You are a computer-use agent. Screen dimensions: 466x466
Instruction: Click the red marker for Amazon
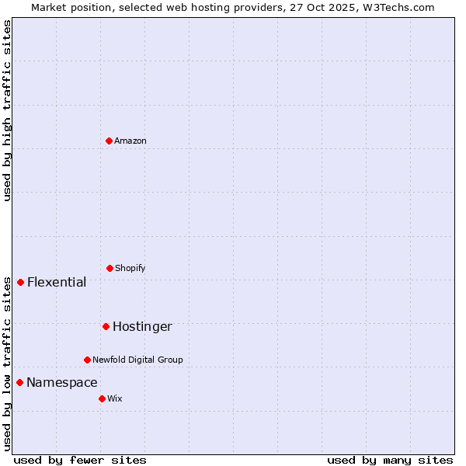(x=109, y=141)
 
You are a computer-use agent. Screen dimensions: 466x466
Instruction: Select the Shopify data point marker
(x=110, y=268)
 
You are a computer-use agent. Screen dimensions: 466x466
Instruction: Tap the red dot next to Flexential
(x=20, y=282)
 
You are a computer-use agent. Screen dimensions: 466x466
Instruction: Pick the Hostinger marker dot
(x=106, y=326)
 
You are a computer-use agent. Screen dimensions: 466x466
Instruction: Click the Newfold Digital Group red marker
(x=87, y=360)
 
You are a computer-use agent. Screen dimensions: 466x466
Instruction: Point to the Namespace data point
(x=19, y=382)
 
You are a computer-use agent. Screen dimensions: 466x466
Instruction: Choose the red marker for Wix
(x=102, y=398)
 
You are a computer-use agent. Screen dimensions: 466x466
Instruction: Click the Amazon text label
(x=130, y=141)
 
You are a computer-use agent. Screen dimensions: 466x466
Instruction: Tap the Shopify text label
(x=130, y=268)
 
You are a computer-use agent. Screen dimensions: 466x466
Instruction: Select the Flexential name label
(x=57, y=282)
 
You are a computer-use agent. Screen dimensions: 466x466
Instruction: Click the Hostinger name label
(x=142, y=326)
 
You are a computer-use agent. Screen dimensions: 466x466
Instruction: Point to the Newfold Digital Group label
(x=137, y=360)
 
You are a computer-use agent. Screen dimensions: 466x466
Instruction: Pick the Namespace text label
(x=62, y=382)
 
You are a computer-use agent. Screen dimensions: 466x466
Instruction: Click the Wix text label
(x=115, y=398)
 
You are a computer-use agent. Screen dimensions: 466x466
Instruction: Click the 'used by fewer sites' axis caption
(x=80, y=460)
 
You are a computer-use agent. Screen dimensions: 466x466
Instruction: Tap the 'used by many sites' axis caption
(x=390, y=460)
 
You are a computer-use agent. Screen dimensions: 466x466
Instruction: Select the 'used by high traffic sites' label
(x=7, y=110)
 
